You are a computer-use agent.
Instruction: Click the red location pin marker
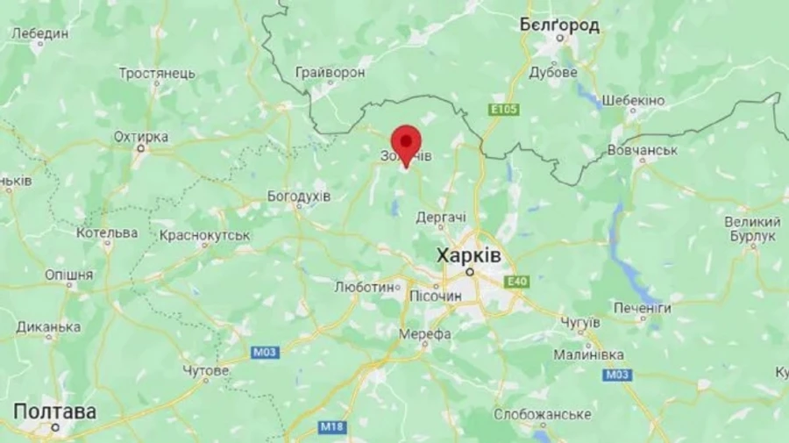406,143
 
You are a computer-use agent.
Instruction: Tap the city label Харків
469,255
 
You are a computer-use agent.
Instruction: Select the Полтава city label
54,411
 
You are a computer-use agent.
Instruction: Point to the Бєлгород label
559,25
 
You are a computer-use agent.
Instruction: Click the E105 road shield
504,110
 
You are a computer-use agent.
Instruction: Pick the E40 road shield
517,281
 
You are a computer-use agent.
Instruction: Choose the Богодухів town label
298,196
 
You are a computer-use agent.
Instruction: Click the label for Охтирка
140,137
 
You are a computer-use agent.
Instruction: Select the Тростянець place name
157,73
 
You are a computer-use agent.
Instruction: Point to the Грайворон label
330,72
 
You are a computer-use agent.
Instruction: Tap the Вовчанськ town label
643,151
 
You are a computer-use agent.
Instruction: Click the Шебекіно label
632,100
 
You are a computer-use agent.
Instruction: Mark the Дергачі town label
441,216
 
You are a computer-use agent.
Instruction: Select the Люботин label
365,287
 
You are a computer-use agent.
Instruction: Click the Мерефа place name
424,334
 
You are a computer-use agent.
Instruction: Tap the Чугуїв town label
579,323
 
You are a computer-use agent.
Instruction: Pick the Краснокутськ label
204,235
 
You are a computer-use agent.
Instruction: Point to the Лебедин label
39,33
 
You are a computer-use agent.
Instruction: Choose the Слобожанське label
542,414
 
